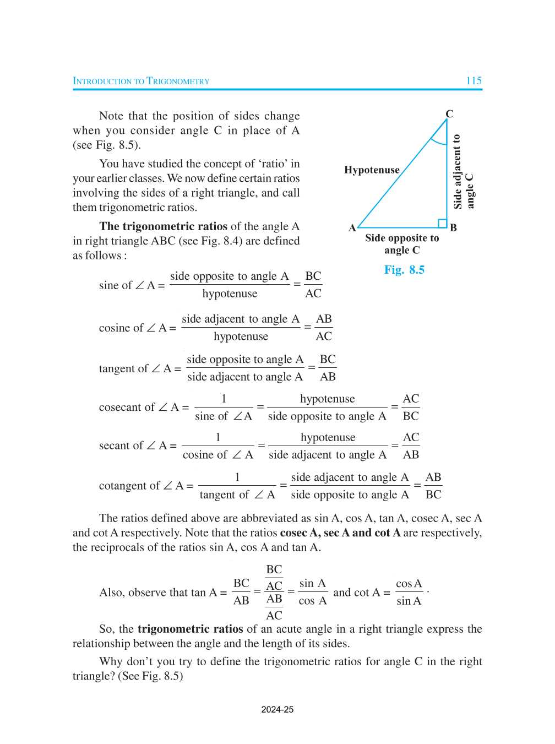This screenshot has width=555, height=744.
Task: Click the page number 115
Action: (x=474, y=80)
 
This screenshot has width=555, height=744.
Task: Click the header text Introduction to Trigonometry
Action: (x=141, y=81)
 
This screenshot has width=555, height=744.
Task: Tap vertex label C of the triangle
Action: (x=449, y=114)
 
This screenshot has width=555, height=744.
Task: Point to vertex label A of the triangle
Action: (x=352, y=228)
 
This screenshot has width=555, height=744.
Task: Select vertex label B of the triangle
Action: (x=453, y=228)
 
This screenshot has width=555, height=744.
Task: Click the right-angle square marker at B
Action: (x=442, y=223)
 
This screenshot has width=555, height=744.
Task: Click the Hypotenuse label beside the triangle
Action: (x=372, y=170)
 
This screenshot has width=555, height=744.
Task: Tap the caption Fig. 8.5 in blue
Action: (x=404, y=270)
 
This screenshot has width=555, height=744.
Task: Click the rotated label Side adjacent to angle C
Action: (x=463, y=172)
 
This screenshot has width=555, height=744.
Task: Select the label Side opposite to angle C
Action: (x=402, y=244)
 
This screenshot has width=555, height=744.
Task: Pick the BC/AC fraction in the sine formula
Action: (x=313, y=285)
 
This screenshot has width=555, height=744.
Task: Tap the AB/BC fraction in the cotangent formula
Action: (x=433, y=486)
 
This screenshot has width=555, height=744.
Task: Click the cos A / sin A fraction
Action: (x=409, y=592)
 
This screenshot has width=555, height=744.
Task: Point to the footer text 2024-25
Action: (x=277, y=709)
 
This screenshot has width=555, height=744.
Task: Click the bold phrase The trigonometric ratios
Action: (x=163, y=226)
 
